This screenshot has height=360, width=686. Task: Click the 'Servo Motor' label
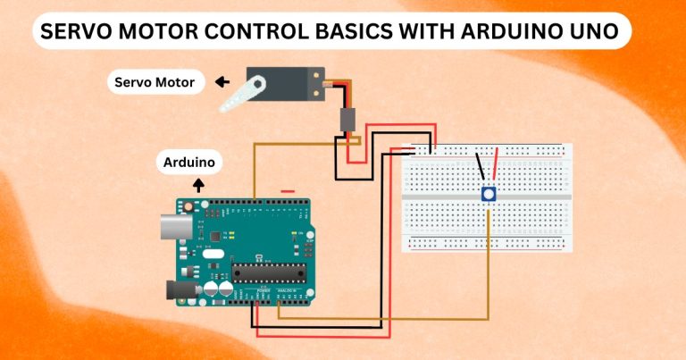pyautogui.click(x=156, y=83)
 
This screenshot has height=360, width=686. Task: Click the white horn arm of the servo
pyautogui.click(x=240, y=94)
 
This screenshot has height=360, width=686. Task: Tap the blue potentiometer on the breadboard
pyautogui.click(x=489, y=194)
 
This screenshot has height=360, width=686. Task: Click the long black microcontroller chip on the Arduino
pyautogui.click(x=268, y=273)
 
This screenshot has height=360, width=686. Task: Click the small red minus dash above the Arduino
pyautogui.click(x=288, y=190)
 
